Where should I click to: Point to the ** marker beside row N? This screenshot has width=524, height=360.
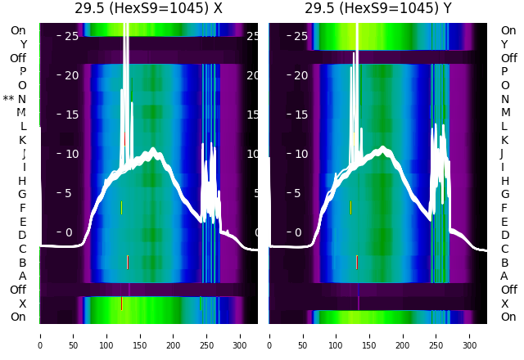[x=9, y=99]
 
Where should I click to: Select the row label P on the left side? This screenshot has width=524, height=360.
[x=22, y=71]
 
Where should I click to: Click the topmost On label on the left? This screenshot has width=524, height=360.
[x=18, y=30]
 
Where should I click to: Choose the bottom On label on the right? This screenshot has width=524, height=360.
[x=508, y=317]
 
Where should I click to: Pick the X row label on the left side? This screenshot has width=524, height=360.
[x=23, y=304]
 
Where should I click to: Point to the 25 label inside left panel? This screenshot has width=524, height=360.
[x=71, y=36]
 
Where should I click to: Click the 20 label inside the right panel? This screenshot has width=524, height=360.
[x=300, y=75]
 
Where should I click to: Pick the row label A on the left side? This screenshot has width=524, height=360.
[x=23, y=276]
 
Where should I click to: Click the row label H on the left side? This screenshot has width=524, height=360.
[x=23, y=181]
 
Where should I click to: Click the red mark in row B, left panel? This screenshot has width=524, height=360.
[x=128, y=262]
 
